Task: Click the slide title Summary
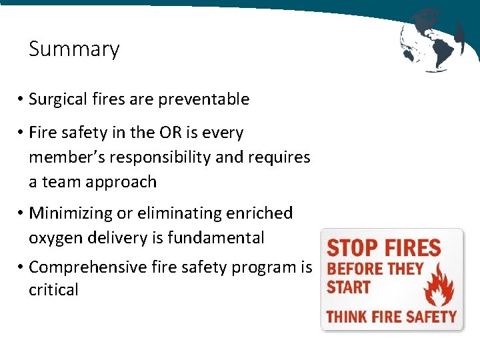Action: [x=74, y=49]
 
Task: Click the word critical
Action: [x=53, y=290]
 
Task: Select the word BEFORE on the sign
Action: [x=353, y=270]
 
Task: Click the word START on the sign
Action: [x=348, y=289]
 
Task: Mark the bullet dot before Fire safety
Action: [x=21, y=133]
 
